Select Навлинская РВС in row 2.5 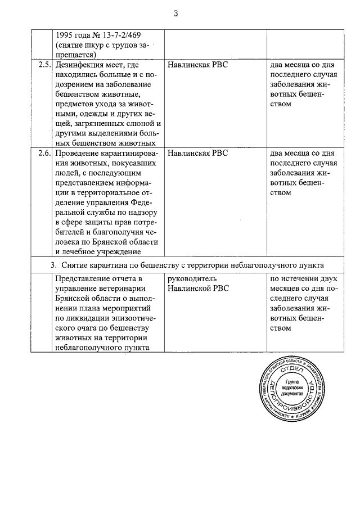(199, 65)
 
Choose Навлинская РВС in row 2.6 (199, 153)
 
